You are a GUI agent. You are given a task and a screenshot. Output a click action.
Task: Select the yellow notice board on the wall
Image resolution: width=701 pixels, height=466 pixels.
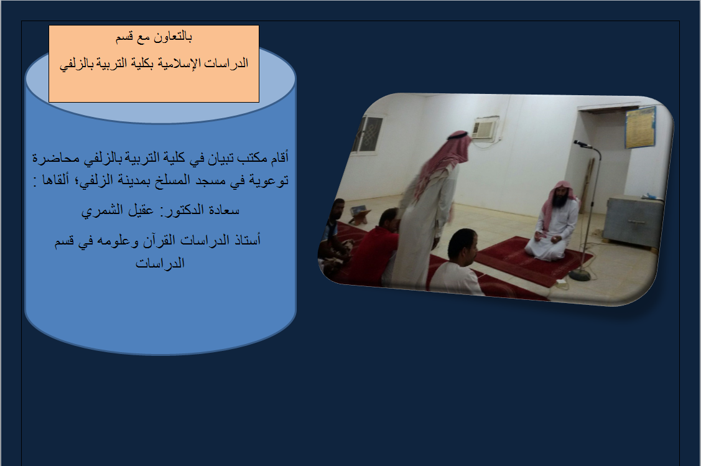click(640, 127)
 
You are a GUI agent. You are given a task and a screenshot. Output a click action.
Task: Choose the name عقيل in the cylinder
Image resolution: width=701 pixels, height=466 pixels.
click(141, 210)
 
